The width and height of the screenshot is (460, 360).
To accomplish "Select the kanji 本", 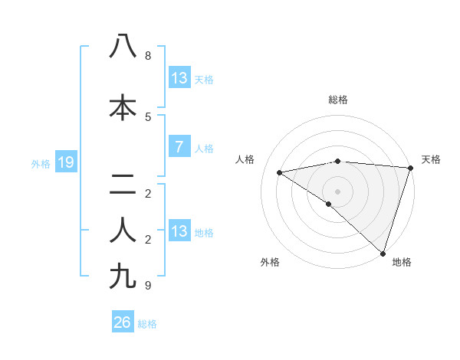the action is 123,107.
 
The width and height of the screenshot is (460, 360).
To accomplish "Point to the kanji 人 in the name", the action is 123,230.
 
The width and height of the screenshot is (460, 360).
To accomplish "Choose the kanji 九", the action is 123,276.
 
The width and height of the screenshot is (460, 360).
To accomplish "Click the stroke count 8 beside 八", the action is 147,56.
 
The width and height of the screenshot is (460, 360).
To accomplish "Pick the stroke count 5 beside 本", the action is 147,117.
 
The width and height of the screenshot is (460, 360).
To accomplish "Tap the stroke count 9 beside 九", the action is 147,286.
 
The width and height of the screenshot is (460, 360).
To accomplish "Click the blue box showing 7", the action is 179,147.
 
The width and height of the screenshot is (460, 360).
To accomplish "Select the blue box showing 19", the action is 65,162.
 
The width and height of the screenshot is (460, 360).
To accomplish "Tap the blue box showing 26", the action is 122,322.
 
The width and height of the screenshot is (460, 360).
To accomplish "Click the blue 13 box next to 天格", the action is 179,78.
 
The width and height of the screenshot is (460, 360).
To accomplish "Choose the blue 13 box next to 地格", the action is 179,231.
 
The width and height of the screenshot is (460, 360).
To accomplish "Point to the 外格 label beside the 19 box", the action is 40,163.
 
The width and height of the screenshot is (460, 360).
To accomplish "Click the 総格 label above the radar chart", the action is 337,100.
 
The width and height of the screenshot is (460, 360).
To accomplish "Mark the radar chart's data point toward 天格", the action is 410,168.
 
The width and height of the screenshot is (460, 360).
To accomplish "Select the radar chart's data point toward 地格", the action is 383,253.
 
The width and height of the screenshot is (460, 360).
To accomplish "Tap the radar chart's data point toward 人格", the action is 279,172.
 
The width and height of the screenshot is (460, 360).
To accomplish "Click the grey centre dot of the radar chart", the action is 337,191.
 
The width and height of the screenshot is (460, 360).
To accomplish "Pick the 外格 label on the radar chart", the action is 270,262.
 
